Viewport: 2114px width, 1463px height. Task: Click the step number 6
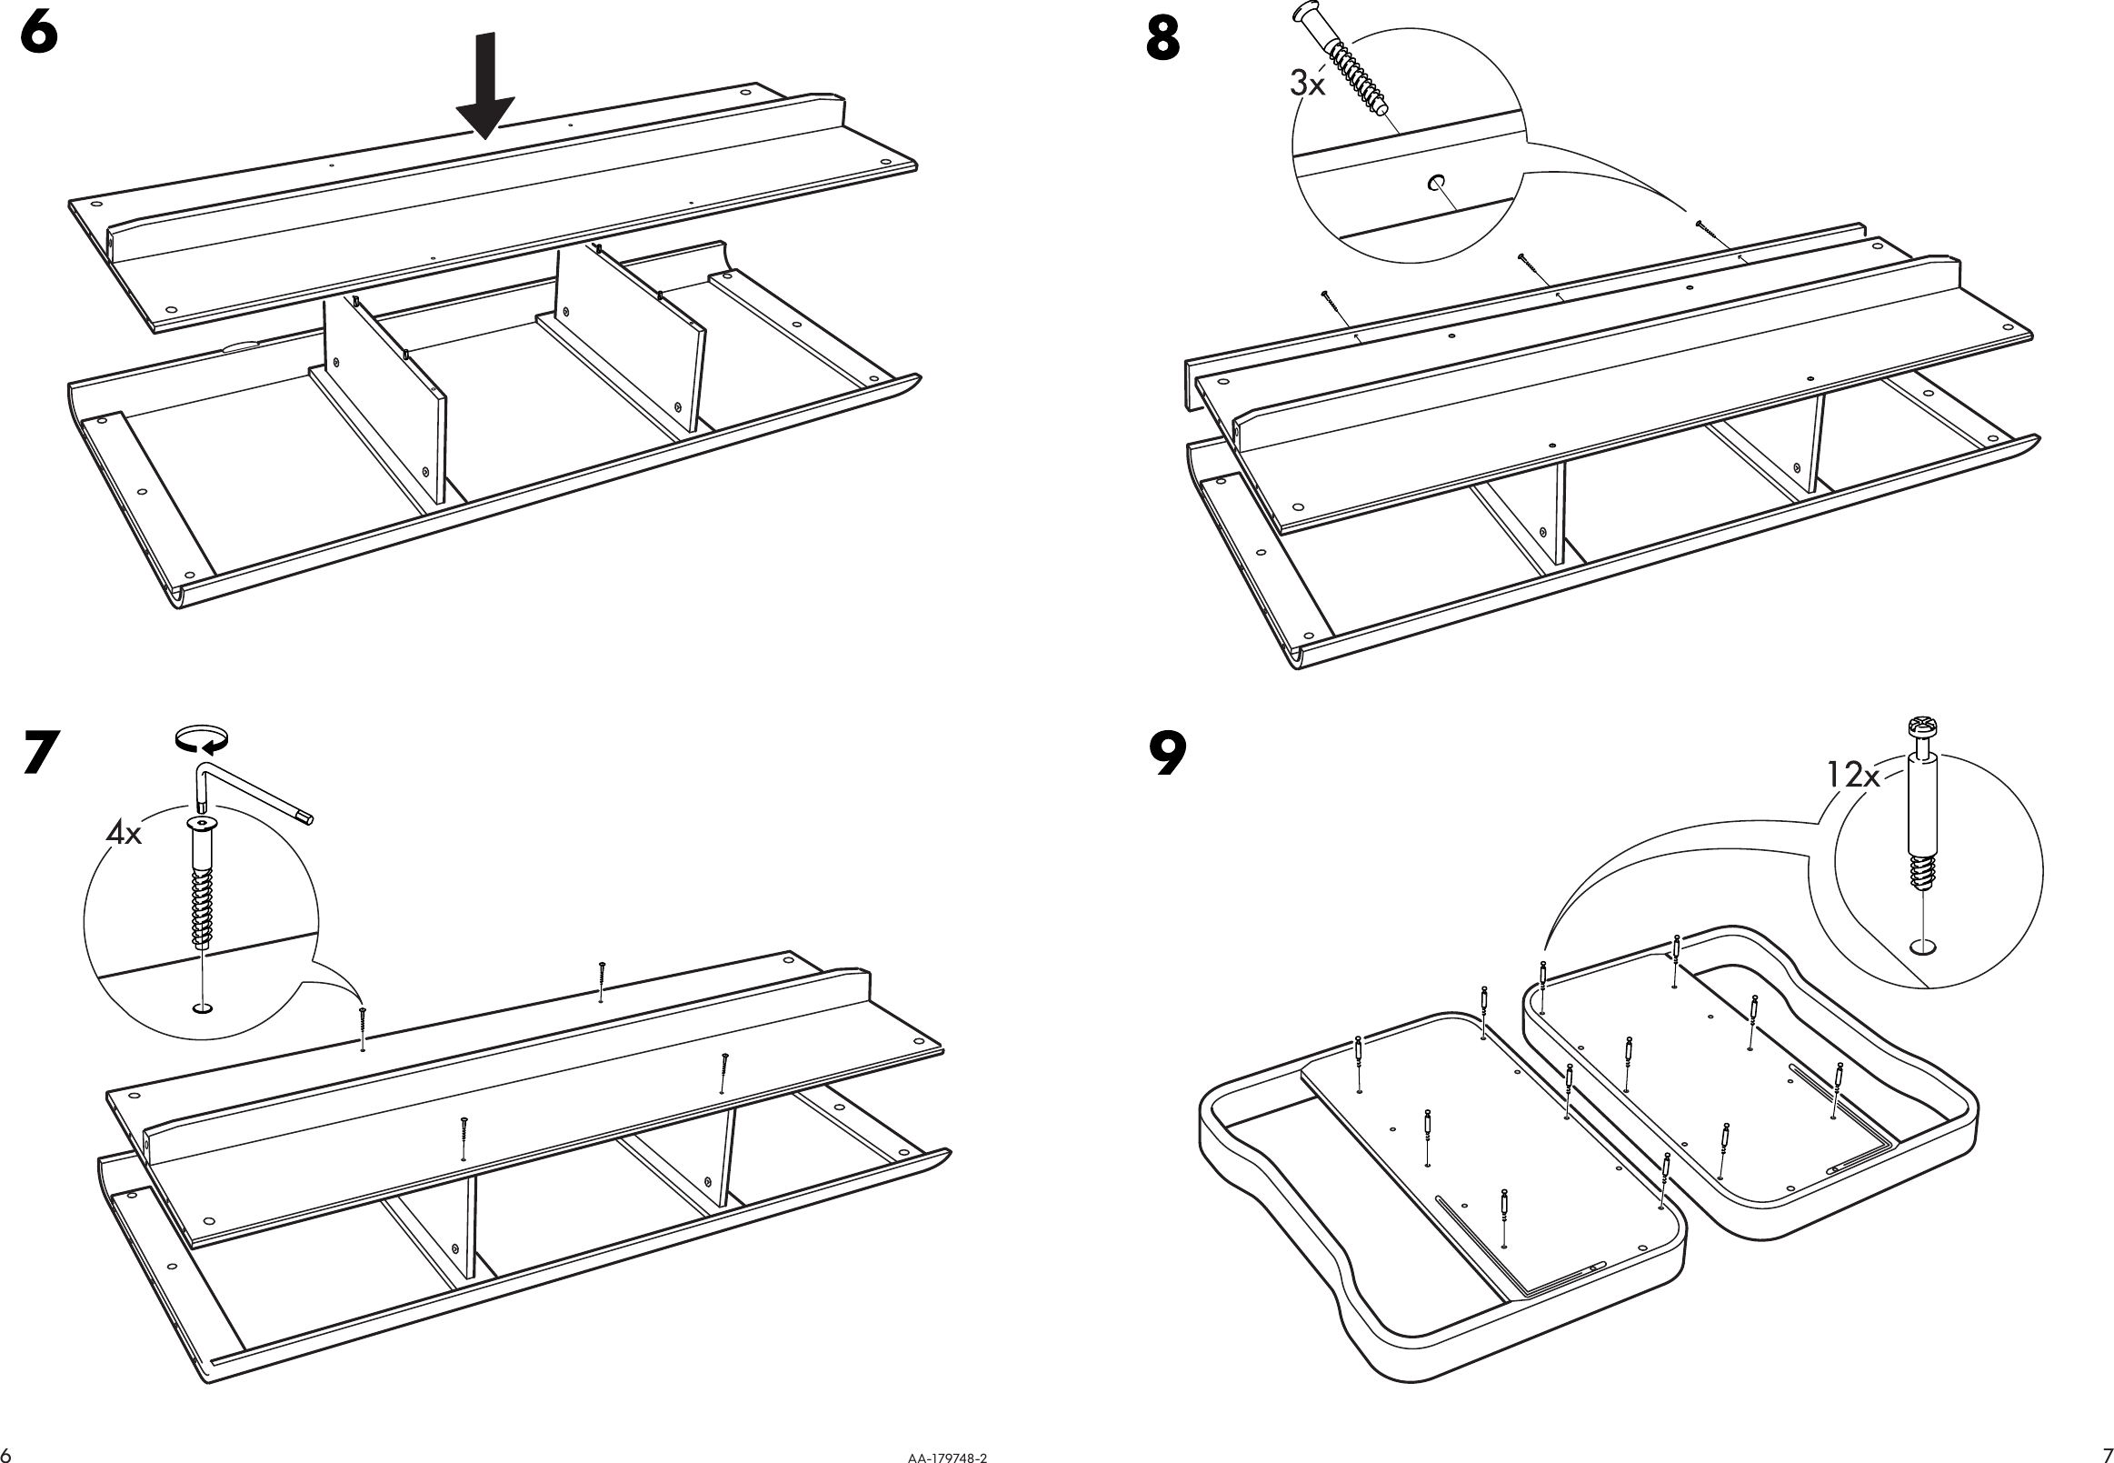click(x=38, y=35)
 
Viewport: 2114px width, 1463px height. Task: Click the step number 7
click(x=41, y=752)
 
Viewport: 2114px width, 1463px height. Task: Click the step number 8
click(x=1162, y=40)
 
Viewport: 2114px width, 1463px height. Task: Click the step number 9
click(x=1166, y=754)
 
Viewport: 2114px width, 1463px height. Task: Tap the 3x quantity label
click(x=1307, y=84)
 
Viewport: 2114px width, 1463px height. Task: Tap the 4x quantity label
click(x=124, y=833)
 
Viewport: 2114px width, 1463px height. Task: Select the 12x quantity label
click(x=1852, y=776)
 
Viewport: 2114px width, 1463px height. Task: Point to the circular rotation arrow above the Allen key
click(x=201, y=740)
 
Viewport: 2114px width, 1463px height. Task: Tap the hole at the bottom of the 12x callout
click(x=1923, y=946)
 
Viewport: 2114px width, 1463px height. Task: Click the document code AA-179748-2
click(x=948, y=1457)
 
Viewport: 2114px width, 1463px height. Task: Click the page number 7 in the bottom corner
click(x=2105, y=1455)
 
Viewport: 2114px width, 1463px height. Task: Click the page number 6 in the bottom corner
click(x=7, y=1455)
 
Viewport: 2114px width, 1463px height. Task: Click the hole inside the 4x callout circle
click(x=202, y=1008)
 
